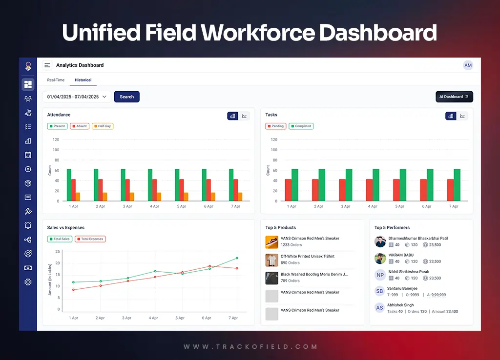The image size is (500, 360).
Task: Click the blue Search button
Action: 126,97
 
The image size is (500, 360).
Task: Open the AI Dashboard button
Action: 454,97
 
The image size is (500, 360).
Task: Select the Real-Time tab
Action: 56,80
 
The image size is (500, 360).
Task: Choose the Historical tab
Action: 83,80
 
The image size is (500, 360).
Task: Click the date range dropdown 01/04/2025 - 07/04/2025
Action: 77,97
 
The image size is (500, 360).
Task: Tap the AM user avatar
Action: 468,65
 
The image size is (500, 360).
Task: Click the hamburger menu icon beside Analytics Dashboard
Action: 47,65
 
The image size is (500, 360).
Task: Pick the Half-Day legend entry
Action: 103,126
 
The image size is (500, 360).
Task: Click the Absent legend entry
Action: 79,126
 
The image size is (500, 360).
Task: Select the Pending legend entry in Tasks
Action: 275,126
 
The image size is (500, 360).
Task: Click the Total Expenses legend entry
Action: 90,239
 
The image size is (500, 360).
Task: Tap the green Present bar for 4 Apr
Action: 150,185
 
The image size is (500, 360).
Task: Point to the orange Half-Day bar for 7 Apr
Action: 240,197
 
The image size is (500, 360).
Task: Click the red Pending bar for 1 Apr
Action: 288,190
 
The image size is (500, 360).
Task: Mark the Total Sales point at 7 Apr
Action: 237,258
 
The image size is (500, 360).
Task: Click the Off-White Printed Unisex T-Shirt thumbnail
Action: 271,260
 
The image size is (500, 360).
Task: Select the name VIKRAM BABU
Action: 401,255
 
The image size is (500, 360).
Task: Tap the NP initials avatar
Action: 380,275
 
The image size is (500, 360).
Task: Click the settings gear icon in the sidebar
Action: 28,282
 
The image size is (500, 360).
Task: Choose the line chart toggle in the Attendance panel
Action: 244,116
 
